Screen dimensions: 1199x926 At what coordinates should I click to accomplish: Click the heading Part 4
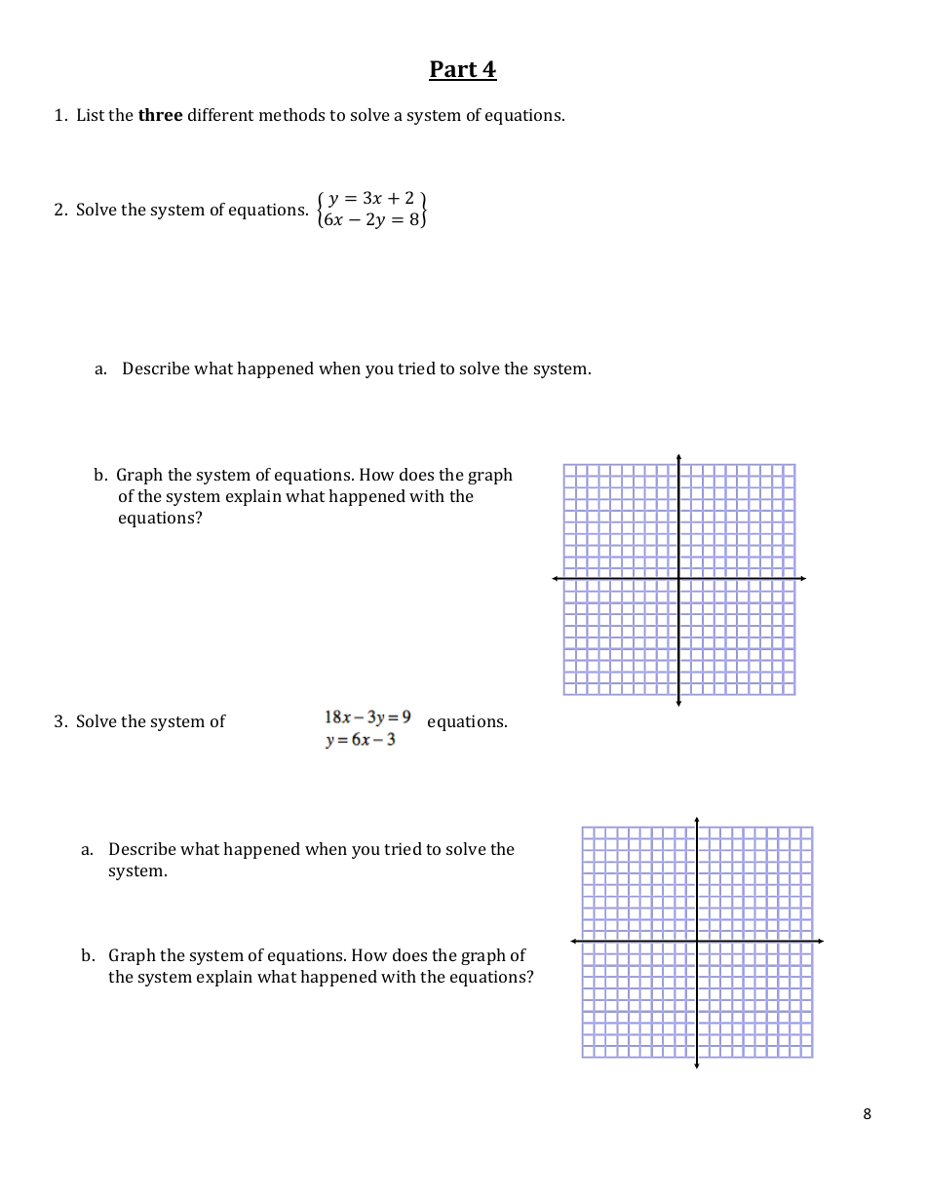(462, 70)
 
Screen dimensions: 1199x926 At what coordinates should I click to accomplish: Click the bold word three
(160, 115)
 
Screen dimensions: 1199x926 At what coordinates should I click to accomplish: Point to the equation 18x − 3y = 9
(367, 717)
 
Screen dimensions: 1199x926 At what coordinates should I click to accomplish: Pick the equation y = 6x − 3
(360, 740)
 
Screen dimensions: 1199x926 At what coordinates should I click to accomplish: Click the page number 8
(867, 1114)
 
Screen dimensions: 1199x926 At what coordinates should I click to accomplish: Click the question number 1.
(59, 115)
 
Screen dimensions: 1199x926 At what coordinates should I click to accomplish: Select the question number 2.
(59, 210)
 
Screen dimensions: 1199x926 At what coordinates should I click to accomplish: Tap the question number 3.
(59, 721)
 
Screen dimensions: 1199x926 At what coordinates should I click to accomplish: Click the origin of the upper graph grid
(678, 579)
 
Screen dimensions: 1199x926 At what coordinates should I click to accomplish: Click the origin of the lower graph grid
(697, 941)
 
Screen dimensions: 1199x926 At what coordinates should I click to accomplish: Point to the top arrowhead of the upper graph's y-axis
(678, 456)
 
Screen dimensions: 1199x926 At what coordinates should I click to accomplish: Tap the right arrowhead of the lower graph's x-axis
(821, 941)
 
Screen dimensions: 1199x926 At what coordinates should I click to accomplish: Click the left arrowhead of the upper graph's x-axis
(556, 579)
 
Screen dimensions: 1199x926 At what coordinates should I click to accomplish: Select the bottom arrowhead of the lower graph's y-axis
(697, 1065)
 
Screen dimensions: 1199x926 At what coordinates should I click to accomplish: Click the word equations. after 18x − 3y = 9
(467, 721)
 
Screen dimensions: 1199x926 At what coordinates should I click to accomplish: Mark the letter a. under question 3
(87, 849)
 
